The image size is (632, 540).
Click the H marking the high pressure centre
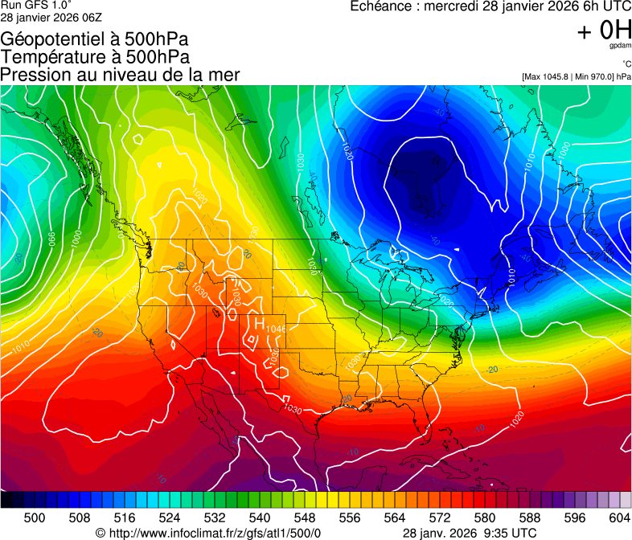click(x=260, y=323)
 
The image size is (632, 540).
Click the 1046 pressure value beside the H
click(x=276, y=329)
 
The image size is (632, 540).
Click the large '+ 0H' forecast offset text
click(x=604, y=31)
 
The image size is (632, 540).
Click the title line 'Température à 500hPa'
click(x=95, y=57)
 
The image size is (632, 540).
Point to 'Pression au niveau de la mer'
click(x=120, y=75)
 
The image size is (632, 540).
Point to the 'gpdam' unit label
click(x=620, y=47)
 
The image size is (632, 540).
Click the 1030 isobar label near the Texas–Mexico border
click(x=293, y=410)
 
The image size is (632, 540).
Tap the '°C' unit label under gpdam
click(x=626, y=64)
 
